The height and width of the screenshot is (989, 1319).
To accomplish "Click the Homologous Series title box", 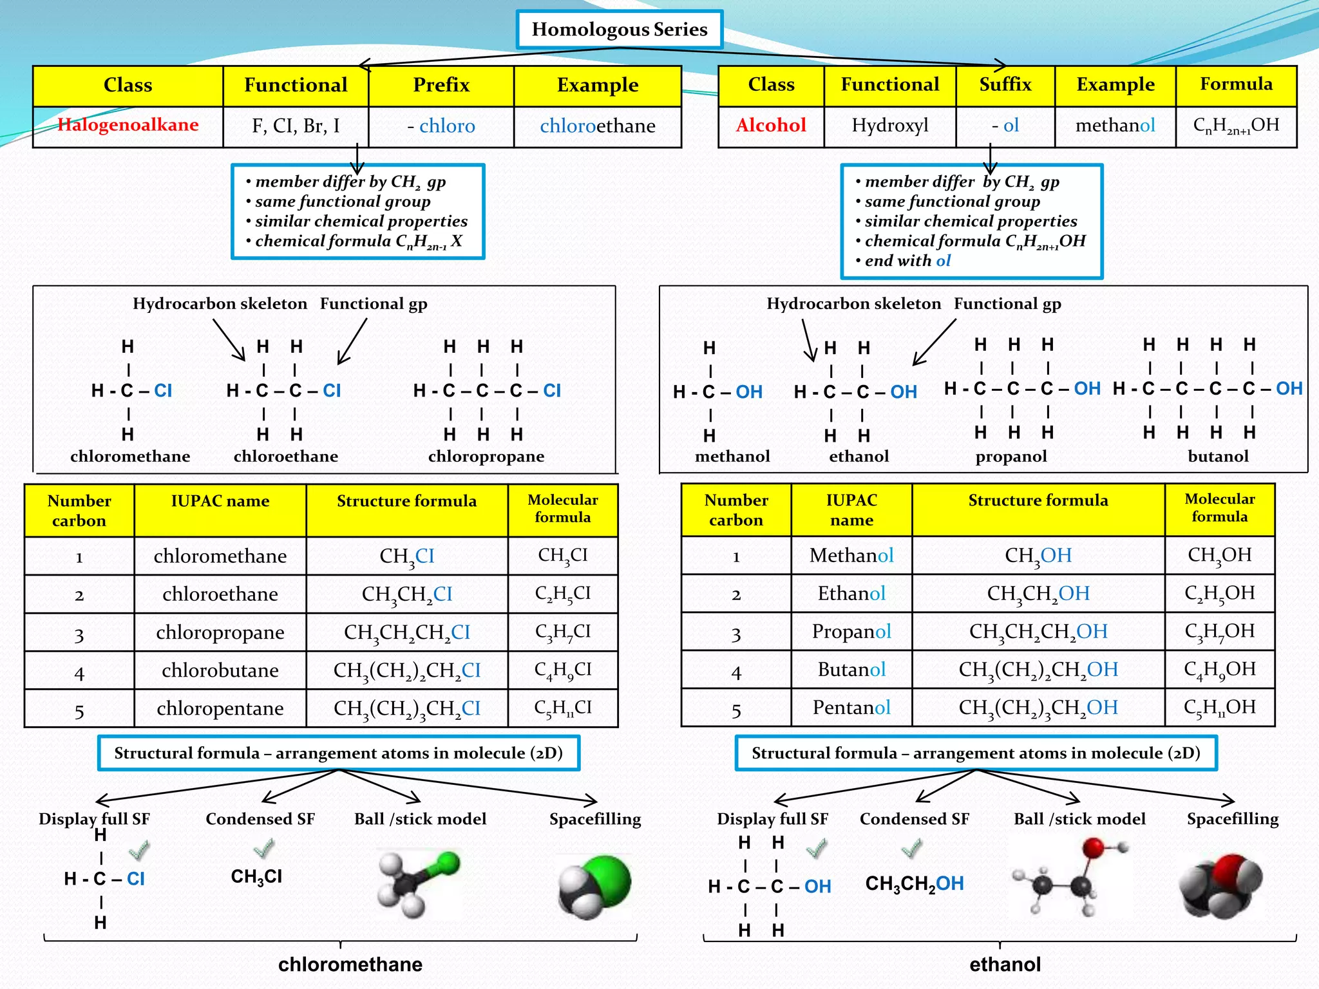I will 620,30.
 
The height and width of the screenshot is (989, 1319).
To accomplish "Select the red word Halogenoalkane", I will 128,125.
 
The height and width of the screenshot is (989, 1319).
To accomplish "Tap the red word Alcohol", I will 771,125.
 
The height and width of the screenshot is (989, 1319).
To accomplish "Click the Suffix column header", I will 1005,84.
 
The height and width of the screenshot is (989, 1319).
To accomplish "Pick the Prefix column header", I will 441,85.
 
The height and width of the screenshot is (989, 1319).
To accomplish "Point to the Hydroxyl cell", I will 890,125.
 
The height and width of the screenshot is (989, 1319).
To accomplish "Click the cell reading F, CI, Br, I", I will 296,126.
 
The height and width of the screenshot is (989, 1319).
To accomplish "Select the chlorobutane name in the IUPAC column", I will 220,670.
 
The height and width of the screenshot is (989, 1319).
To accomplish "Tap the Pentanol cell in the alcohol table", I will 851,708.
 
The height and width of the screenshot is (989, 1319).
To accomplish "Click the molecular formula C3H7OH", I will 1220,631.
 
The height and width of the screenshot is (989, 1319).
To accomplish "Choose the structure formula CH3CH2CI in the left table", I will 407,594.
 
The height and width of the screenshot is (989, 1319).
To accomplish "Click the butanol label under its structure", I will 1218,457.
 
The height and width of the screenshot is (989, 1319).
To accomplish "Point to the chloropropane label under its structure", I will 486,457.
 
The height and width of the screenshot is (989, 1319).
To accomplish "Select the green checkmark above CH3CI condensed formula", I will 264,849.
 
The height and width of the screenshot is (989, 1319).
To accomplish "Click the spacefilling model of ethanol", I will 1220,885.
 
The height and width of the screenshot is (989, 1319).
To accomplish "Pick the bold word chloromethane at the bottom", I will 350,964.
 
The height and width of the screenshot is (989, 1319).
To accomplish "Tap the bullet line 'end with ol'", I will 907,261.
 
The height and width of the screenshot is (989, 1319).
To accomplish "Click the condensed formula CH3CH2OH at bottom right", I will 915,884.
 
